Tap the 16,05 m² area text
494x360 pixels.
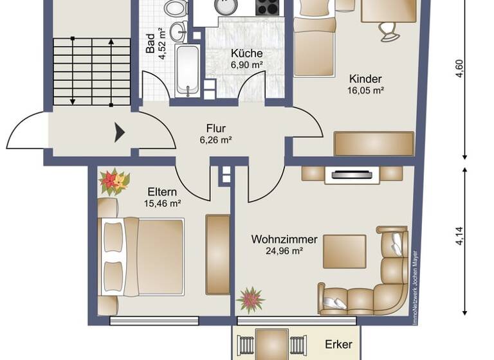[x=365, y=91]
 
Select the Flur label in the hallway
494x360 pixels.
[x=215, y=127]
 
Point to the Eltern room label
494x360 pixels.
[x=162, y=192]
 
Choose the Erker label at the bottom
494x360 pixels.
[x=338, y=345]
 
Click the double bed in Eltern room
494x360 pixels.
[x=142, y=257]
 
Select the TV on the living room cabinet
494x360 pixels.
[x=351, y=174]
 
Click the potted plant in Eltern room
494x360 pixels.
[x=114, y=182]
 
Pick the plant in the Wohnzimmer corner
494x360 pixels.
[x=250, y=300]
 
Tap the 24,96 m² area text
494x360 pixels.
[x=284, y=251]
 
